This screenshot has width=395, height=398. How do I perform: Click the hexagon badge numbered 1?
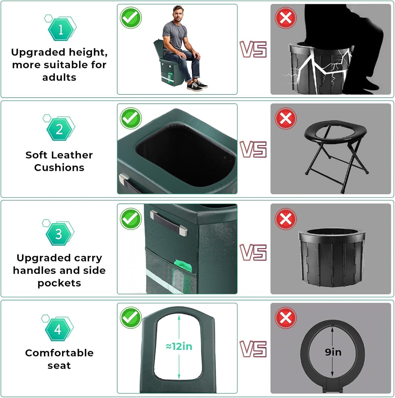[x=61, y=29]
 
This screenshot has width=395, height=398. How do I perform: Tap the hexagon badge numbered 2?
[x=59, y=129]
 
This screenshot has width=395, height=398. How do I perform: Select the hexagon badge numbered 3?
[x=58, y=234]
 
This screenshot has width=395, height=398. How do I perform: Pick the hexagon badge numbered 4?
[x=58, y=330]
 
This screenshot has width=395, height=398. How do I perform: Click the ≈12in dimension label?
[x=179, y=346]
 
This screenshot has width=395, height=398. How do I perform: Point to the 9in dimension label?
[x=333, y=352]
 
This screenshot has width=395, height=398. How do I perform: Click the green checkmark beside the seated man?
[x=131, y=18]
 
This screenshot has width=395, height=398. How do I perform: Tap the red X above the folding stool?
[x=286, y=118]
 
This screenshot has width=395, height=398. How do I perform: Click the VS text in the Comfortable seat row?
[x=253, y=349]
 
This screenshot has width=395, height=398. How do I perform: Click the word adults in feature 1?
[x=59, y=77]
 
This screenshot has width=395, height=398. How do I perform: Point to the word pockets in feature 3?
[x=59, y=283]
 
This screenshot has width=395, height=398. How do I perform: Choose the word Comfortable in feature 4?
[x=59, y=353]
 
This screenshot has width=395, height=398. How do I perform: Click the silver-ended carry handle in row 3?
[x=168, y=222]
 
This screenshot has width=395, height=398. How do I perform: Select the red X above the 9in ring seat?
[x=286, y=318]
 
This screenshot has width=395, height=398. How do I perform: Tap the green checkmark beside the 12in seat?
[x=131, y=318]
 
